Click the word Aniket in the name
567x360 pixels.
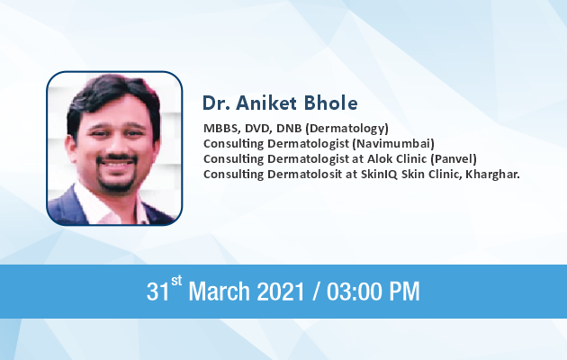(x=266, y=103)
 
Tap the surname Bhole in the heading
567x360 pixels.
(x=330, y=103)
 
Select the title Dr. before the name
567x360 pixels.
(x=216, y=103)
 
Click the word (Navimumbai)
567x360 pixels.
(x=393, y=144)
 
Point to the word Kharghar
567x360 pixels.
(x=492, y=175)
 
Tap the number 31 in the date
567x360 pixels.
(x=157, y=292)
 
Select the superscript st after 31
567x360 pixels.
(x=176, y=281)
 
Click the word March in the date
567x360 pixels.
(x=219, y=291)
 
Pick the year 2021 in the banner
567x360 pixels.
(x=281, y=292)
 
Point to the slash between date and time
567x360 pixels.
(x=316, y=292)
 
